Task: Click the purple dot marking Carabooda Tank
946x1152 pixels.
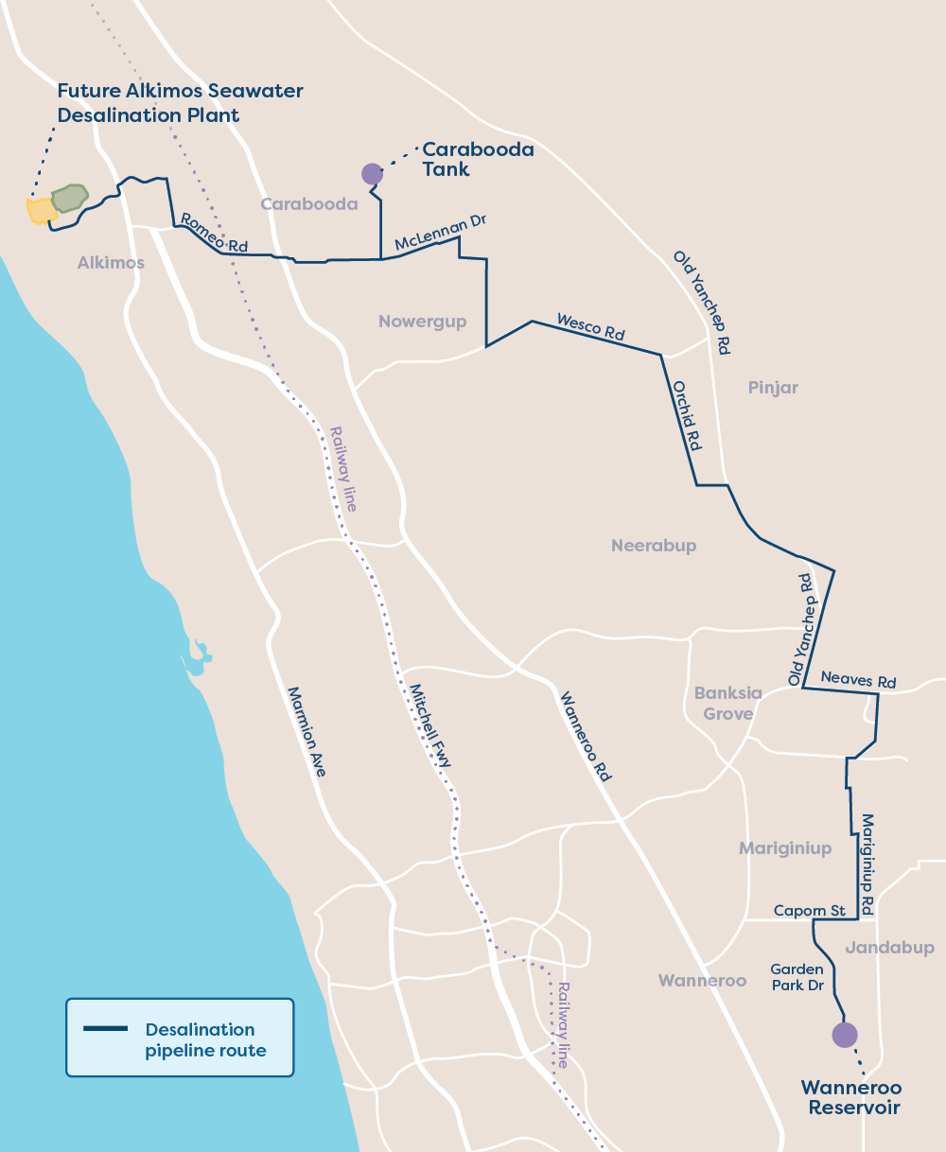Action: (372, 173)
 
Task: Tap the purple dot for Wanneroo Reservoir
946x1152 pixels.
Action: (844, 1034)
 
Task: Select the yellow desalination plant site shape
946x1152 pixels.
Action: (41, 211)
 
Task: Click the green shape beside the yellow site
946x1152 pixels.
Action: (69, 198)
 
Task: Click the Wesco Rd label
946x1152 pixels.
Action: (591, 326)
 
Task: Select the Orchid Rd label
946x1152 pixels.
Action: (687, 415)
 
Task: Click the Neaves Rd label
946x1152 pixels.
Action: (858, 679)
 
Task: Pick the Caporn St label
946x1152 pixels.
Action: (809, 911)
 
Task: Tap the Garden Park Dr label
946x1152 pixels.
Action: (797, 977)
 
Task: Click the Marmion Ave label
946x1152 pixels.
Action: (307, 732)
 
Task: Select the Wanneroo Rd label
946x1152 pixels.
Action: (587, 737)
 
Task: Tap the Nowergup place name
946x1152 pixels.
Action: (422, 322)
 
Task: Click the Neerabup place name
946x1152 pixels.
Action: (654, 546)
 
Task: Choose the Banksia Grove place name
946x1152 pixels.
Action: (727, 703)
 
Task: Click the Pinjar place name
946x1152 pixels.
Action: (773, 388)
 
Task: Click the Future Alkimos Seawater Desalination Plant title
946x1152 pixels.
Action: (180, 103)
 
